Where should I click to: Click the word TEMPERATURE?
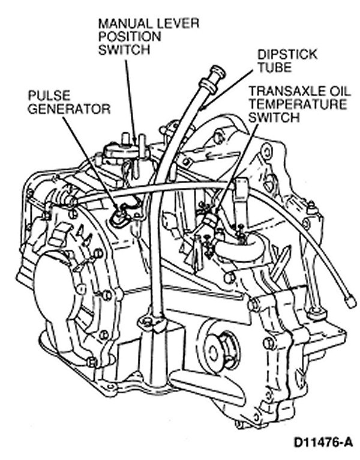298,104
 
